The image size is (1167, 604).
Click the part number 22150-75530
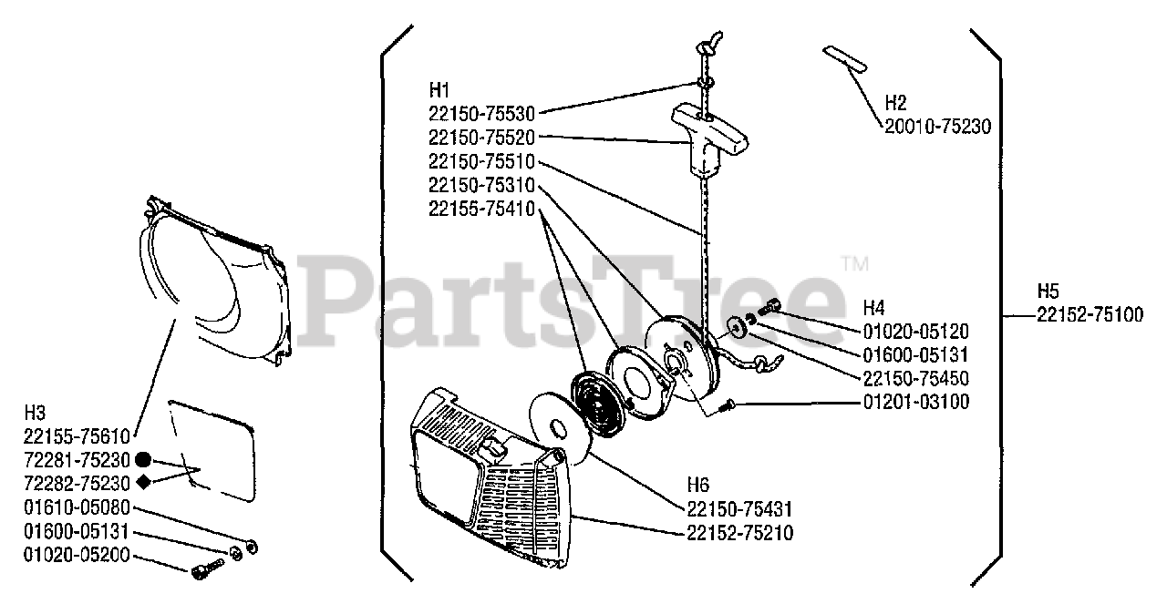[x=481, y=114]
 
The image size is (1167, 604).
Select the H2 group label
[x=897, y=102]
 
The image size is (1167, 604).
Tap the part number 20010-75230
[x=937, y=128]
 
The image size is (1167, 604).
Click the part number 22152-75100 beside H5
[x=1090, y=315]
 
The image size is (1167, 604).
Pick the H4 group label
[x=874, y=306]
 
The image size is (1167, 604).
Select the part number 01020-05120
[x=915, y=332]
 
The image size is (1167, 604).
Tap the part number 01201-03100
[x=915, y=402]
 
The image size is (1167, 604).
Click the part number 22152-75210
[x=740, y=532]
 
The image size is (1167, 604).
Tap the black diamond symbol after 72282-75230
[x=143, y=482]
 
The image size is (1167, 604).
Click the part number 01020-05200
[x=77, y=555]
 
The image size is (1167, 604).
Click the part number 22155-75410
[x=481, y=209]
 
